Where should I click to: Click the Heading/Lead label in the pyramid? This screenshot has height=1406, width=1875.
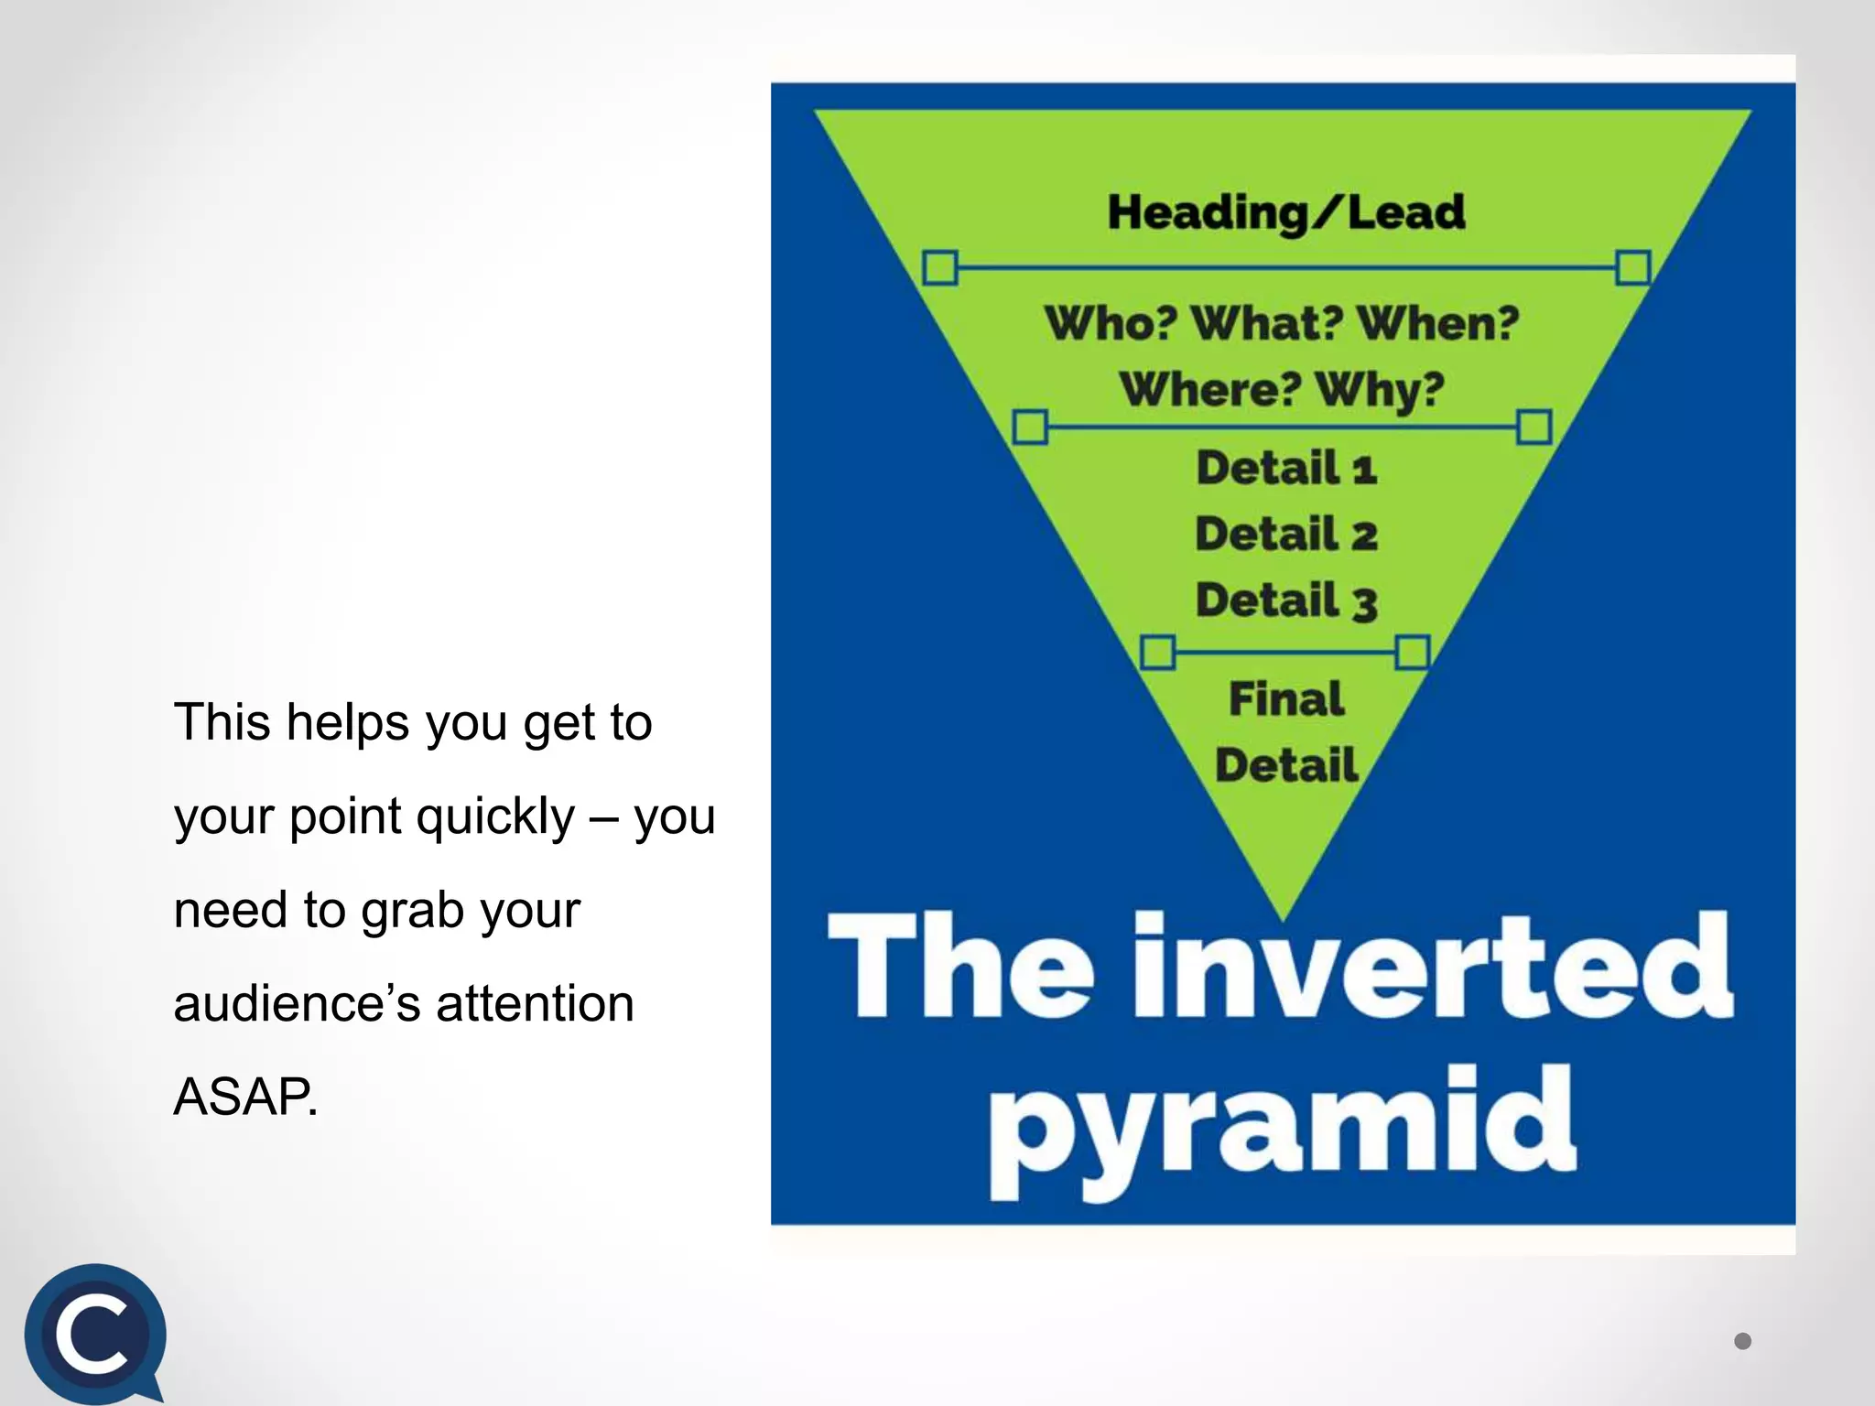[1285, 212]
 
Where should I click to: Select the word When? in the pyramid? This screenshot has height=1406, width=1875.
[1437, 323]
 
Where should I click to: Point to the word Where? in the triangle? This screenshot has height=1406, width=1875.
[1209, 390]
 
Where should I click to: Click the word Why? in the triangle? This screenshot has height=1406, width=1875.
[1380, 390]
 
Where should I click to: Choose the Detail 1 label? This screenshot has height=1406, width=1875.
[1286, 469]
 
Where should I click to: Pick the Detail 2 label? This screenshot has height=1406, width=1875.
[1286, 535]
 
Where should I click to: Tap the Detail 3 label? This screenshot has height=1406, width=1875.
[1286, 601]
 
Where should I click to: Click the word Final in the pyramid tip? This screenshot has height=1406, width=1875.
[1286, 699]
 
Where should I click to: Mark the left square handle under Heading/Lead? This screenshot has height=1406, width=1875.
[940, 268]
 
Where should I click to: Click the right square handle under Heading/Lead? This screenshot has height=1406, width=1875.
[1633, 268]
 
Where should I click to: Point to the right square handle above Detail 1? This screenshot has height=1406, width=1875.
[1534, 427]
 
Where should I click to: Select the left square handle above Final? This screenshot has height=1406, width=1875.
[1158, 654]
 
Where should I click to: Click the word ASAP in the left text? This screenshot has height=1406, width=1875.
[244, 1097]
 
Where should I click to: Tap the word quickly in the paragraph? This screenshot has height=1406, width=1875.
[495, 816]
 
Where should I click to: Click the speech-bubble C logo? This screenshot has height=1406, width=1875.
[94, 1334]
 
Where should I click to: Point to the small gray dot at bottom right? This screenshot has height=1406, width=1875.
[1743, 1341]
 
